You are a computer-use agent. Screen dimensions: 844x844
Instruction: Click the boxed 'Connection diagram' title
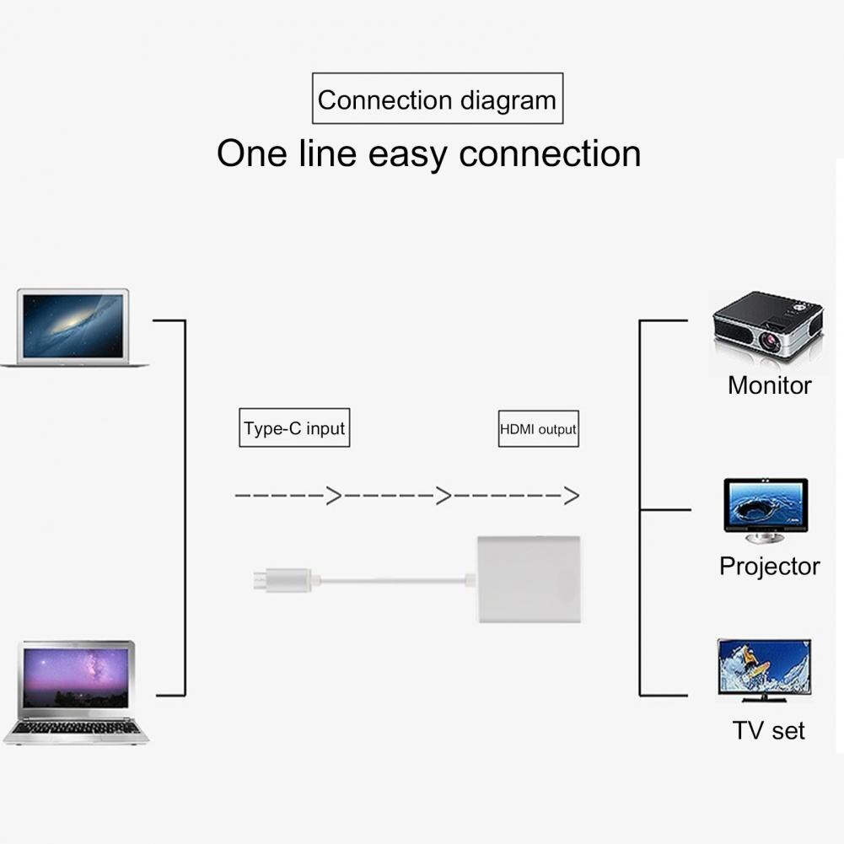point(437,100)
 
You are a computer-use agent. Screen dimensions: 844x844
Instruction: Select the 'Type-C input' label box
point(293,428)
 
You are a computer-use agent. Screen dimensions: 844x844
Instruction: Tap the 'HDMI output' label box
point(538,428)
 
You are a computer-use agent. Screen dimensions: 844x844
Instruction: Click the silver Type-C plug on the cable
point(285,580)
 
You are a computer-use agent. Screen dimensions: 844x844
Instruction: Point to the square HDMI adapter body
point(530,578)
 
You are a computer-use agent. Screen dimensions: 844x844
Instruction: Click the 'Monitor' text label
point(769,385)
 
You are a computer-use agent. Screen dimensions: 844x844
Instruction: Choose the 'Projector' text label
point(769,566)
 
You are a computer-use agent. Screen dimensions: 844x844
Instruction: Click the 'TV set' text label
point(768,729)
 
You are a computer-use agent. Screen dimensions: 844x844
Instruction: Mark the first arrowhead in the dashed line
point(334,496)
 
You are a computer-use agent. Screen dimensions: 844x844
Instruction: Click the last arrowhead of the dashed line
point(572,496)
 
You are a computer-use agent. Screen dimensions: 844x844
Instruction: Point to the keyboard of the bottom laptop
point(76,727)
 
